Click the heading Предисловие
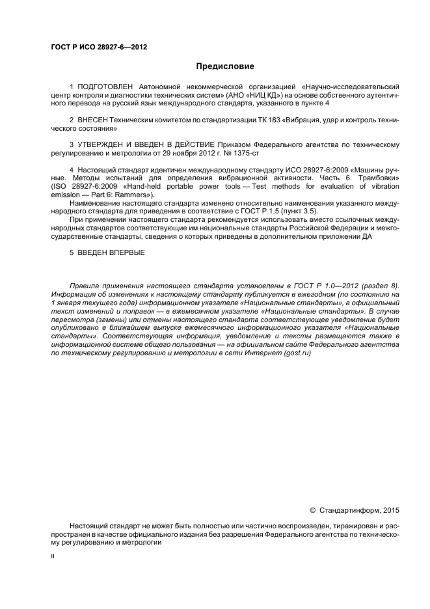[x=225, y=66]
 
